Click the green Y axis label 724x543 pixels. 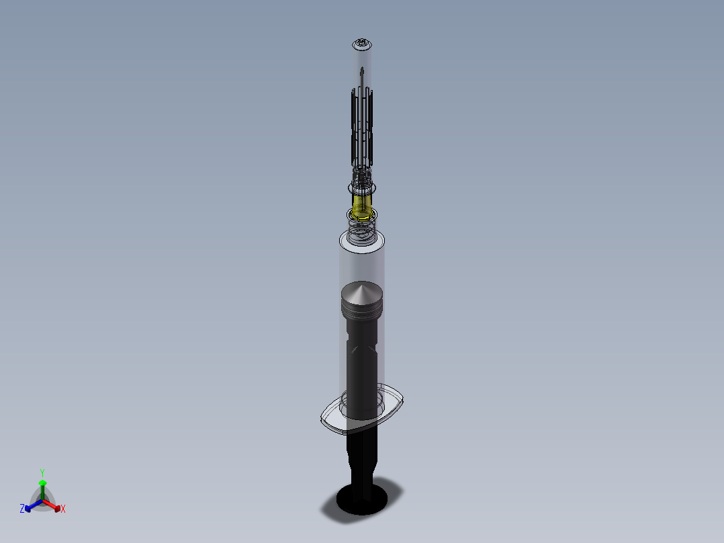42,472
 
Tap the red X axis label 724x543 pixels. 63,509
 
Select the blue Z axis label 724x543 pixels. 22,509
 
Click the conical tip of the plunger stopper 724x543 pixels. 362,290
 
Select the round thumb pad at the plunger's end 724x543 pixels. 361,497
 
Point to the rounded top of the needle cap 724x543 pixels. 362,44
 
